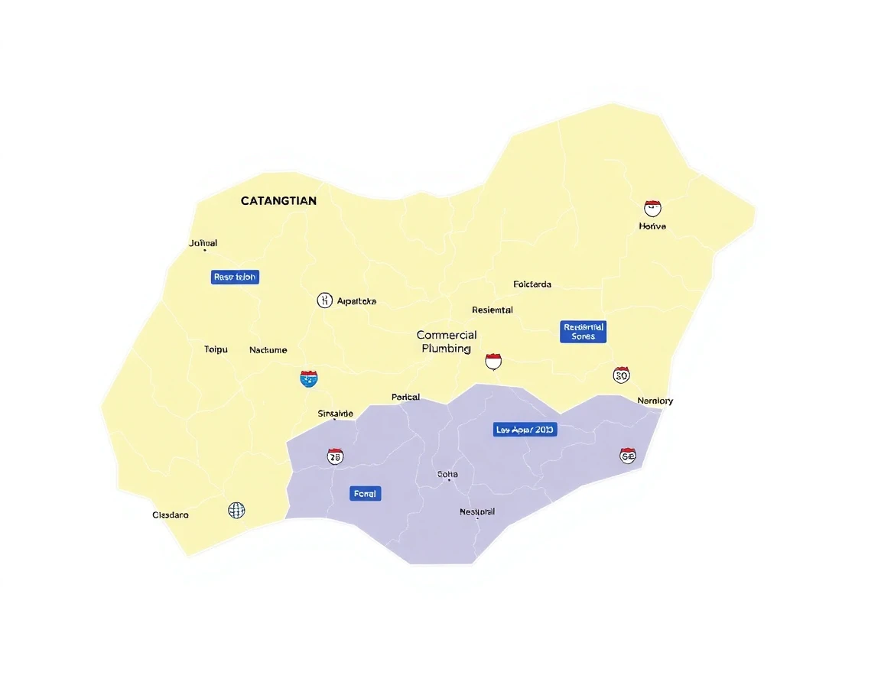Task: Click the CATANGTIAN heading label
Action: [x=278, y=201]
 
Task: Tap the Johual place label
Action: [x=203, y=243]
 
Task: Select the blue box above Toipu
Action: [x=235, y=277]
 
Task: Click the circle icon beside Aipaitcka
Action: [x=325, y=300]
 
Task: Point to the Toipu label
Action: [x=216, y=349]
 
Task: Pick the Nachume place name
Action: [x=268, y=350]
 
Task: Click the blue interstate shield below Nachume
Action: [x=309, y=378]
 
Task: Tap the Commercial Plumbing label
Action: [x=447, y=342]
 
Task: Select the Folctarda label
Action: [x=532, y=284]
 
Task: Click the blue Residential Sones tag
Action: [x=583, y=332]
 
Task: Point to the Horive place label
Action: [x=652, y=226]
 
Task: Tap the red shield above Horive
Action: [x=652, y=207]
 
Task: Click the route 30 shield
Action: [x=621, y=375]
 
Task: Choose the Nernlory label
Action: [x=655, y=401]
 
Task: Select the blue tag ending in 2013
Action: [x=525, y=430]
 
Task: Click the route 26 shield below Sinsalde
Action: [x=335, y=456]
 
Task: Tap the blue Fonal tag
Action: [x=365, y=494]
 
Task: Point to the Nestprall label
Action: [x=477, y=511]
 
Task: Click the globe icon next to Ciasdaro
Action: [x=237, y=510]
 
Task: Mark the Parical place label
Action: [x=405, y=398]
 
